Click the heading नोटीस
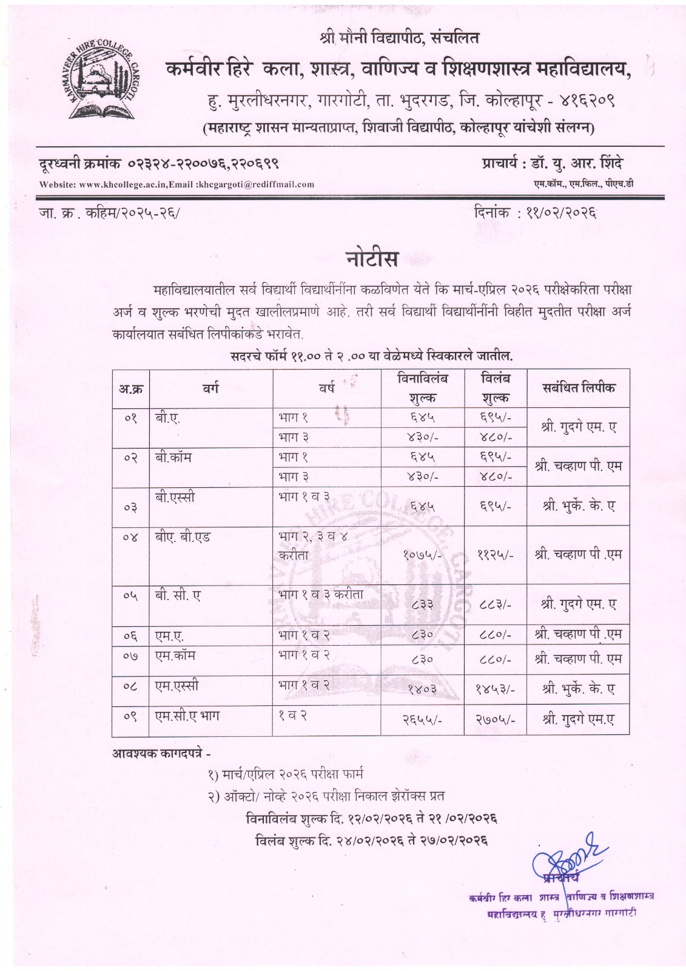coord(372,259)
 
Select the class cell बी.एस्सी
coord(175,496)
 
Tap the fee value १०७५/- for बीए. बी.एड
coord(422,554)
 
